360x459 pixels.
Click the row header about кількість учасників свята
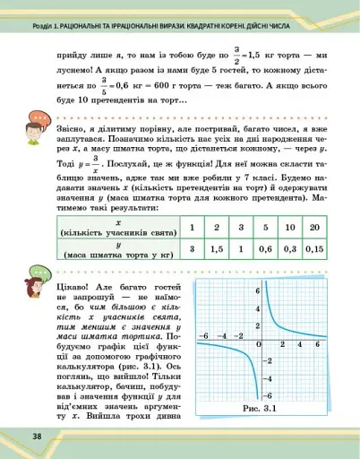click(x=119, y=227)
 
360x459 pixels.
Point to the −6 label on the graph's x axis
click(x=205, y=335)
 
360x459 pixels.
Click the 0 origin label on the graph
click(x=260, y=345)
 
